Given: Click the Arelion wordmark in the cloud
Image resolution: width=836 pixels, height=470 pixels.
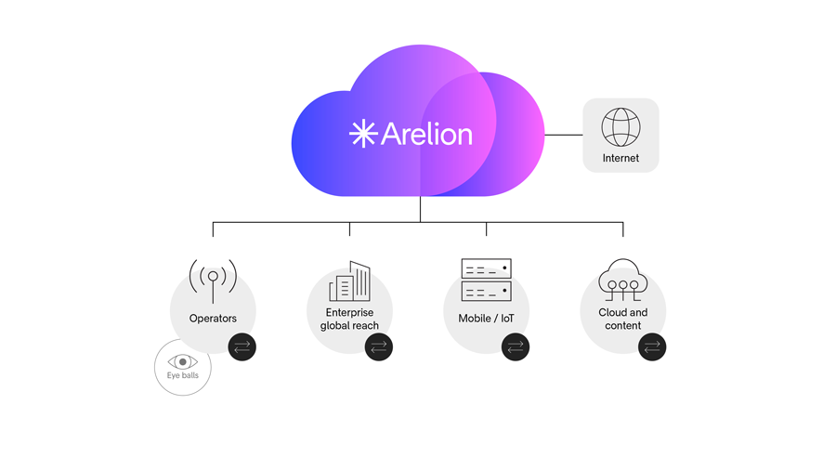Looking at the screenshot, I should click(x=426, y=134).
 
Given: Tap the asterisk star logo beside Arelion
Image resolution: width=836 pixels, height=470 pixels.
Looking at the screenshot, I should click(x=362, y=134).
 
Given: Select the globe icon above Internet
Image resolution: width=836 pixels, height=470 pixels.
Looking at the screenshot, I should click(x=620, y=127).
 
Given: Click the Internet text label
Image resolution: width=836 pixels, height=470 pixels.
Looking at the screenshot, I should click(x=620, y=159).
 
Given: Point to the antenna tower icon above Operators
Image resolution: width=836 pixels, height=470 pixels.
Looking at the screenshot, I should click(x=213, y=279).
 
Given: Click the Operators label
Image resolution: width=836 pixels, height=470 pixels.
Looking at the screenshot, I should click(x=213, y=319).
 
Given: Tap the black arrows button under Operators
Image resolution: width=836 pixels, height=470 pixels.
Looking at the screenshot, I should click(x=242, y=347).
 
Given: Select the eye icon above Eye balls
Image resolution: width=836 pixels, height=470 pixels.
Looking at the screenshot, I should click(x=183, y=361).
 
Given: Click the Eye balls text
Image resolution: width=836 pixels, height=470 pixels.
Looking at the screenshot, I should click(x=183, y=376).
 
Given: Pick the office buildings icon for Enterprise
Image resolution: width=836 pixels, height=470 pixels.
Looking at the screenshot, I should click(x=350, y=281).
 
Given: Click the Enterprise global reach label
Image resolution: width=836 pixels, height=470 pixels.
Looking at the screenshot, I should click(x=349, y=320).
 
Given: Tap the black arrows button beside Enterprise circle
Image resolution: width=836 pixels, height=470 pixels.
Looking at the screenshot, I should click(x=378, y=347).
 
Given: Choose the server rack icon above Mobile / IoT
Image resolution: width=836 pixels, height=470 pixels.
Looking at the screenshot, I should click(x=486, y=280).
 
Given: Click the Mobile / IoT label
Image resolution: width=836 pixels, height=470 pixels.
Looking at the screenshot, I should click(x=486, y=319).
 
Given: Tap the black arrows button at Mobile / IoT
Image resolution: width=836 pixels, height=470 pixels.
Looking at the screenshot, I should click(x=515, y=347).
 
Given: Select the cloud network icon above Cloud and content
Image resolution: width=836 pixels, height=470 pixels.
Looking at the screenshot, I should click(x=622, y=279).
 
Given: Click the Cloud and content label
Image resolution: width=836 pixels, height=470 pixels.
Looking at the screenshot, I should click(x=622, y=320).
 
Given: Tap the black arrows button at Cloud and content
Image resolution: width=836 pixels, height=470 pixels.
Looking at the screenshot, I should click(x=652, y=347).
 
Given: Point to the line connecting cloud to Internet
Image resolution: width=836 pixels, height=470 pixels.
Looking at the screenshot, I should click(x=563, y=135).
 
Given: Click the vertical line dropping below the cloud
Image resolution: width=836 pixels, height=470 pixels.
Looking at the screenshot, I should click(x=420, y=209).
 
